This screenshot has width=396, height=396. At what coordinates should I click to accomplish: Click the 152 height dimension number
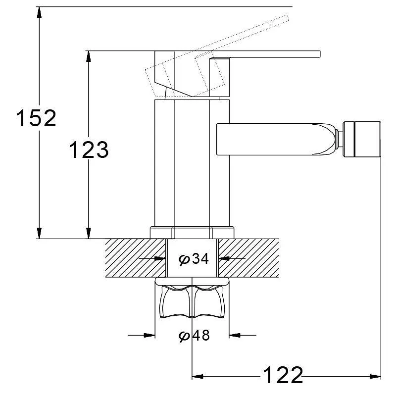coord(36,118)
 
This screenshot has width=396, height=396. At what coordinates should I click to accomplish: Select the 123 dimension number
coord(89,149)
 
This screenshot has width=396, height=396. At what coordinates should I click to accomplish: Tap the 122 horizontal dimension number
coord(283,375)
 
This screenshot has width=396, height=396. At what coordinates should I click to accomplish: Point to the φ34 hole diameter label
coord(194,258)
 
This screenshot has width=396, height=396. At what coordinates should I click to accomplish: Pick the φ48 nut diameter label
coord(194,336)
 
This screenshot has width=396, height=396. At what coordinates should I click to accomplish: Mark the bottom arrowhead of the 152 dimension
coord(39,233)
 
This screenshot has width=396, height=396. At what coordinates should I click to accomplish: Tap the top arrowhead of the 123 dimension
coord(88,56)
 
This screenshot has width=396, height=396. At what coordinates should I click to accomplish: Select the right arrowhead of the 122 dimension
coord(375,377)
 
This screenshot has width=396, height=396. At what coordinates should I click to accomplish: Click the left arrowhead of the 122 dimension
coord(198,377)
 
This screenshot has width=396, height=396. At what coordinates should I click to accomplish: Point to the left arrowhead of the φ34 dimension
coord(160,258)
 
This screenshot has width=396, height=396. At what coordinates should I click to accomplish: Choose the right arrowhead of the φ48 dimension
coord(235,336)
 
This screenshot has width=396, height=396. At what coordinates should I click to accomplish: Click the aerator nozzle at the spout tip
coord(361,140)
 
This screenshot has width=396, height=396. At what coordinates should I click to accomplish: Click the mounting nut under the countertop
coord(192,297)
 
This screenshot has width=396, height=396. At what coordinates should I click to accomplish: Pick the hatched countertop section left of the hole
coord(136,258)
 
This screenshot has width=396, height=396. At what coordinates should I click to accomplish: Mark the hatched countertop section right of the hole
coord(248,258)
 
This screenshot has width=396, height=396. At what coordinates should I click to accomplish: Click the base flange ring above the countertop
coord(192,233)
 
